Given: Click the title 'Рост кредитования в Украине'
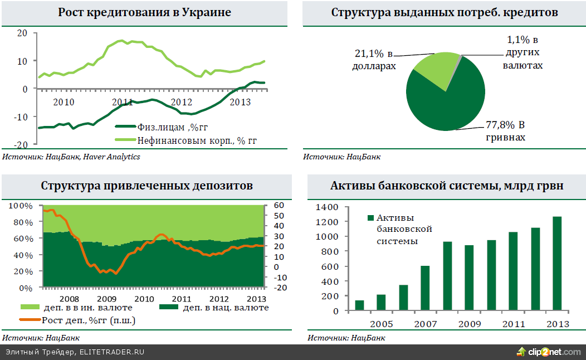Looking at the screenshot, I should tap(144, 12).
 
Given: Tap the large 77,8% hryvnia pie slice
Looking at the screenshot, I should tap(446, 100).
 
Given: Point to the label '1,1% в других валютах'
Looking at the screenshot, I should tap(522, 53).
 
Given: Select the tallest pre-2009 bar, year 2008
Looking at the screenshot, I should tap(447, 276).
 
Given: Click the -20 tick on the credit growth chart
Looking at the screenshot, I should tap(22, 144).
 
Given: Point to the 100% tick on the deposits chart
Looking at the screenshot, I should tap(21, 206).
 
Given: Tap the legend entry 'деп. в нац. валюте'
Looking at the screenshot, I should tap(214, 308).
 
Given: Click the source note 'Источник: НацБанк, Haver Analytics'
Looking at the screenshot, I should tap(71, 157).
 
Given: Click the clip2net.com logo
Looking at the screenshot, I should tap(549, 352).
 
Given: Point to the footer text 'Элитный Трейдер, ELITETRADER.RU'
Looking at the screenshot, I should tap(75, 352).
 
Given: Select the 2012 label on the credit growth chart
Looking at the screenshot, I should tap(182, 103).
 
